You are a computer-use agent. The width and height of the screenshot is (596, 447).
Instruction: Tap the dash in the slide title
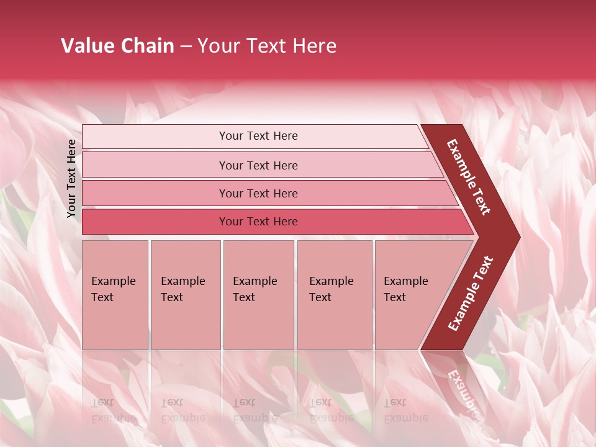pos(186,47)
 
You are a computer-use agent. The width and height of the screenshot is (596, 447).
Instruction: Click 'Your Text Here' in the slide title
pos(267,46)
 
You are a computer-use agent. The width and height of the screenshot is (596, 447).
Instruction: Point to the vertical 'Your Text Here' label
pos(71,178)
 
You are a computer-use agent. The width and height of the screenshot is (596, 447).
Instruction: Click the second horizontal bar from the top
pos(258,165)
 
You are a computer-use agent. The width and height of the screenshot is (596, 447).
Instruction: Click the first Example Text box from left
pos(115,294)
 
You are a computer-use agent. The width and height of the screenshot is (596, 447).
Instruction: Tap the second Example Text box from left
pos(185,294)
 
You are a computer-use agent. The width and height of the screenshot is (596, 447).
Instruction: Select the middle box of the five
pos(258,294)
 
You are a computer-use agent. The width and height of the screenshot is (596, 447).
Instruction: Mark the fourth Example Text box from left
pos(334,294)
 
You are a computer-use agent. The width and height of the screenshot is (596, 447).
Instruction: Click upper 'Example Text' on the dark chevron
pos(469,177)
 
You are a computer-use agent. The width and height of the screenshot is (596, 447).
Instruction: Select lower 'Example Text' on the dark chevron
pos(470,294)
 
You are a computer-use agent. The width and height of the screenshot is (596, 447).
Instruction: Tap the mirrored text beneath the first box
pos(114,410)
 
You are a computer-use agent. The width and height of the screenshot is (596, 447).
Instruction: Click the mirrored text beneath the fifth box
pos(406,410)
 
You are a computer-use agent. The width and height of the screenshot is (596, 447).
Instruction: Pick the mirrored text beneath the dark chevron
pos(463,391)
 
